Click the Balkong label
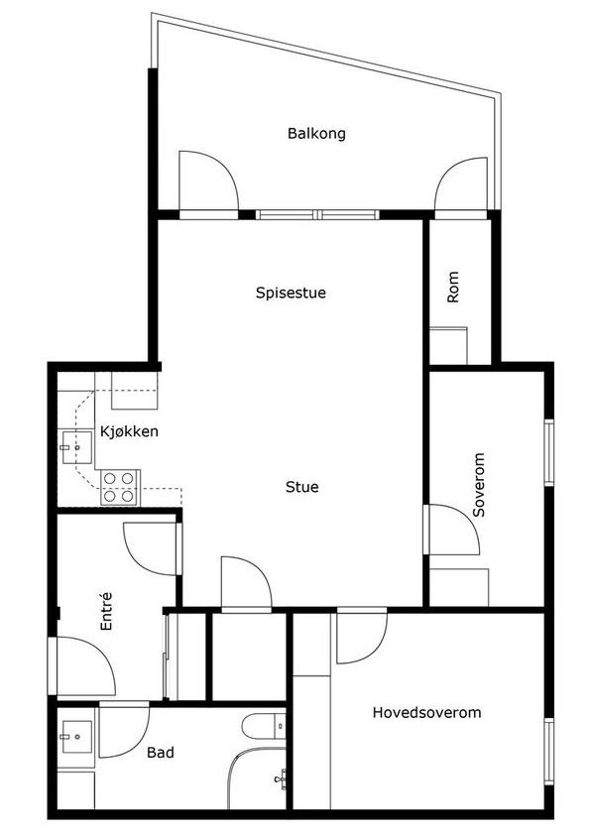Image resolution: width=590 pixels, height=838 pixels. (x=316, y=134)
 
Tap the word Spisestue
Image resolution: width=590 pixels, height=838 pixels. (x=291, y=293)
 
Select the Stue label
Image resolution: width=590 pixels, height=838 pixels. (x=302, y=487)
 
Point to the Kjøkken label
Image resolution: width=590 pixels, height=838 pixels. (x=129, y=431)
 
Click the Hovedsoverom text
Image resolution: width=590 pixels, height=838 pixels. (x=426, y=712)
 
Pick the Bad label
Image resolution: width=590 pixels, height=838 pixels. (x=161, y=753)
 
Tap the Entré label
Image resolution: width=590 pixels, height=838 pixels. (x=107, y=611)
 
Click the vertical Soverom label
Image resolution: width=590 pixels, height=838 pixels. (x=479, y=485)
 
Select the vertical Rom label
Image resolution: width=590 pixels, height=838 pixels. (x=452, y=287)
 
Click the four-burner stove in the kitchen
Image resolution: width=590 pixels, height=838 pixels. (x=119, y=487)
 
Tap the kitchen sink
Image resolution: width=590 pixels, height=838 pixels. (x=76, y=447)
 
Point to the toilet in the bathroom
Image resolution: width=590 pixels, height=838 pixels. (x=264, y=726)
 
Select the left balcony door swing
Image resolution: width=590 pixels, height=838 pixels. (x=208, y=180)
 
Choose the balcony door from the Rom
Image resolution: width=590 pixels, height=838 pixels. (x=461, y=183)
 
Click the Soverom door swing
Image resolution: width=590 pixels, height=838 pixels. (x=454, y=530)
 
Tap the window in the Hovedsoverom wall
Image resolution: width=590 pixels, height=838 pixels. (x=549, y=752)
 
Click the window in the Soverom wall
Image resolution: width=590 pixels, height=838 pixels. (x=549, y=452)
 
